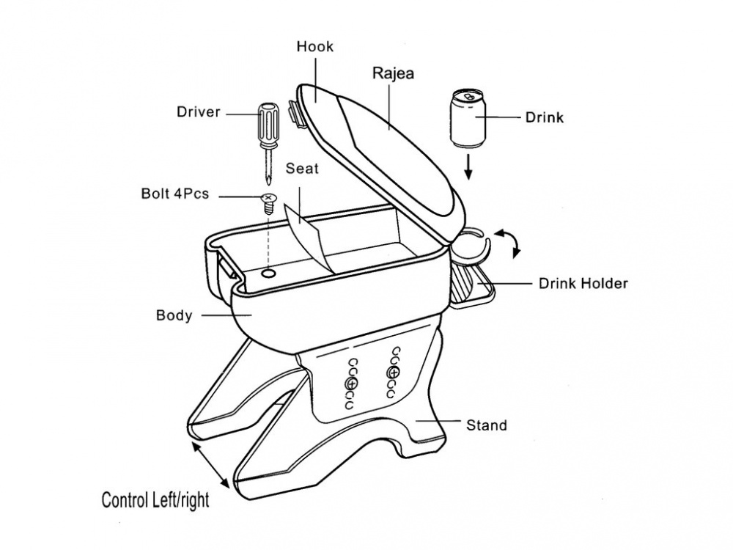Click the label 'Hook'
coord(314,47)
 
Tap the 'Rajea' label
coord(394,73)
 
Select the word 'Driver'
coord(198,112)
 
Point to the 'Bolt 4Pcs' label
coord(175,195)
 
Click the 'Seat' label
coord(302,169)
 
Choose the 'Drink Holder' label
coord(583,283)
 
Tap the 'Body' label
coord(174,316)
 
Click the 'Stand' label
coord(487,425)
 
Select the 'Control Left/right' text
coord(155,501)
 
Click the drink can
coord(466,119)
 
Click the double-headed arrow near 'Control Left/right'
coord(207,461)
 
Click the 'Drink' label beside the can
coord(544,117)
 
